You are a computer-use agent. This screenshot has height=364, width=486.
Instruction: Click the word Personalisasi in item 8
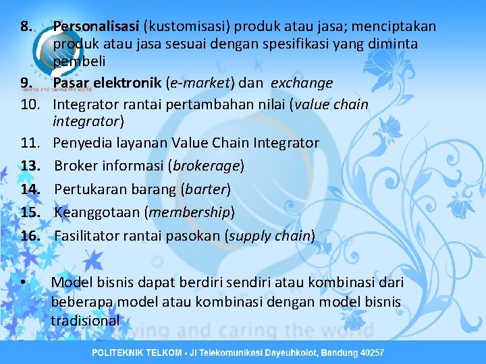tap(96, 27)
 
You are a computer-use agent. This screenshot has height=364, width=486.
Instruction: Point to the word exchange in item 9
tap(302, 83)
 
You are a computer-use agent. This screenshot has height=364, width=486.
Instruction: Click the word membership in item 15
tap(190, 212)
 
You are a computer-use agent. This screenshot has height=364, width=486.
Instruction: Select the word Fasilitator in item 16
tap(86, 236)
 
